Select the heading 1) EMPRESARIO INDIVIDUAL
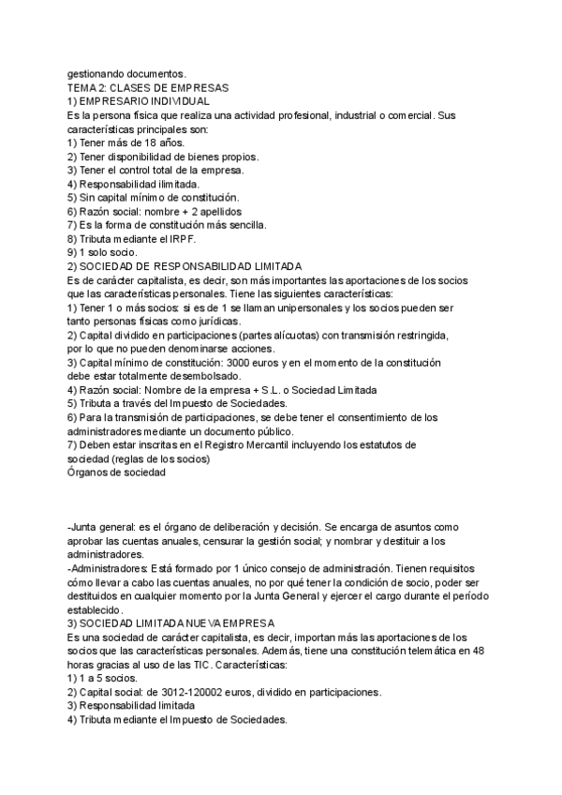pos(139,100)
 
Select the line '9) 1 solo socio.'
pos(103,252)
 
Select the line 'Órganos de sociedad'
pos(117,472)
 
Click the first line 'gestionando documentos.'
pos(126,73)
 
